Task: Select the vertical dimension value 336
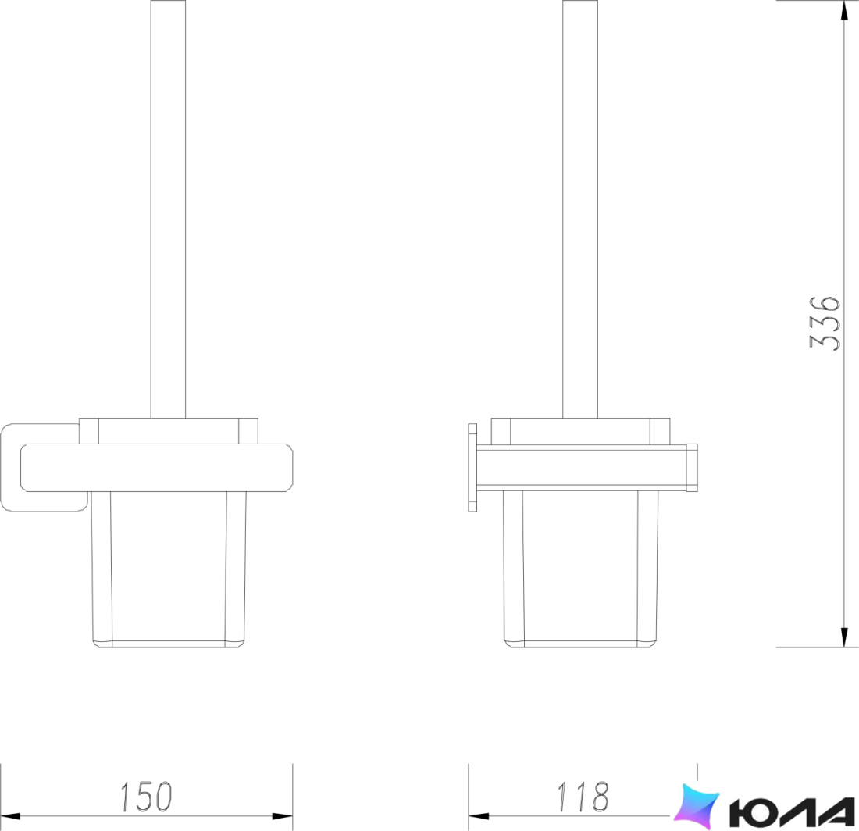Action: point(825,323)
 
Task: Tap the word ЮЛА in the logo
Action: point(792,812)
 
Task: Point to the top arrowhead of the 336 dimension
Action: point(844,12)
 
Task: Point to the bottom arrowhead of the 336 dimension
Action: point(844,636)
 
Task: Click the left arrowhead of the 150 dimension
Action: point(11,816)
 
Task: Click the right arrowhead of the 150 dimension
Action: point(282,816)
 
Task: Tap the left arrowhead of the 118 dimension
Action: point(479,816)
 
